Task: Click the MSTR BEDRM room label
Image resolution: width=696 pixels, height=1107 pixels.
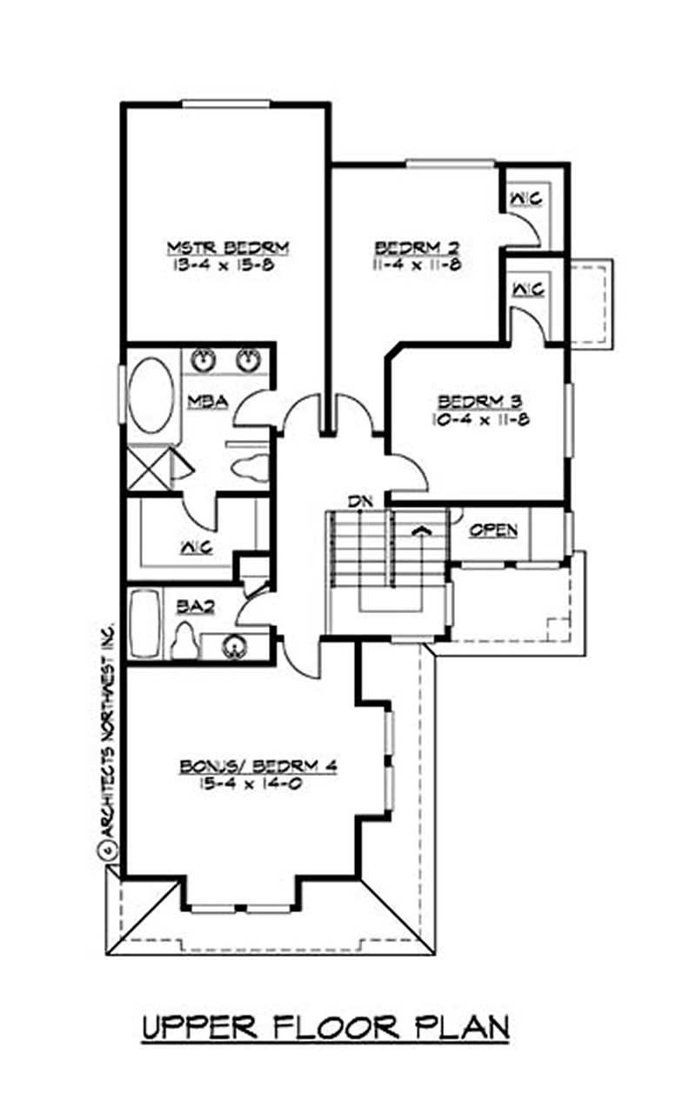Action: point(227,247)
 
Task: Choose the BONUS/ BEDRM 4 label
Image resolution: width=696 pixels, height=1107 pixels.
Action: point(258,766)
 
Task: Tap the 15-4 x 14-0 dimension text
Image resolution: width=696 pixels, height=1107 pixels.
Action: point(258,784)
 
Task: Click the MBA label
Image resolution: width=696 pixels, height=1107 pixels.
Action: point(207,401)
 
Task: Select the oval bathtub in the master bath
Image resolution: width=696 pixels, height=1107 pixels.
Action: point(150,397)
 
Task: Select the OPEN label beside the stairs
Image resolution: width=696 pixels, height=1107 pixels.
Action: point(493,530)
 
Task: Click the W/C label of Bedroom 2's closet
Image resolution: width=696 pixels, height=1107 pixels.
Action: point(525,198)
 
